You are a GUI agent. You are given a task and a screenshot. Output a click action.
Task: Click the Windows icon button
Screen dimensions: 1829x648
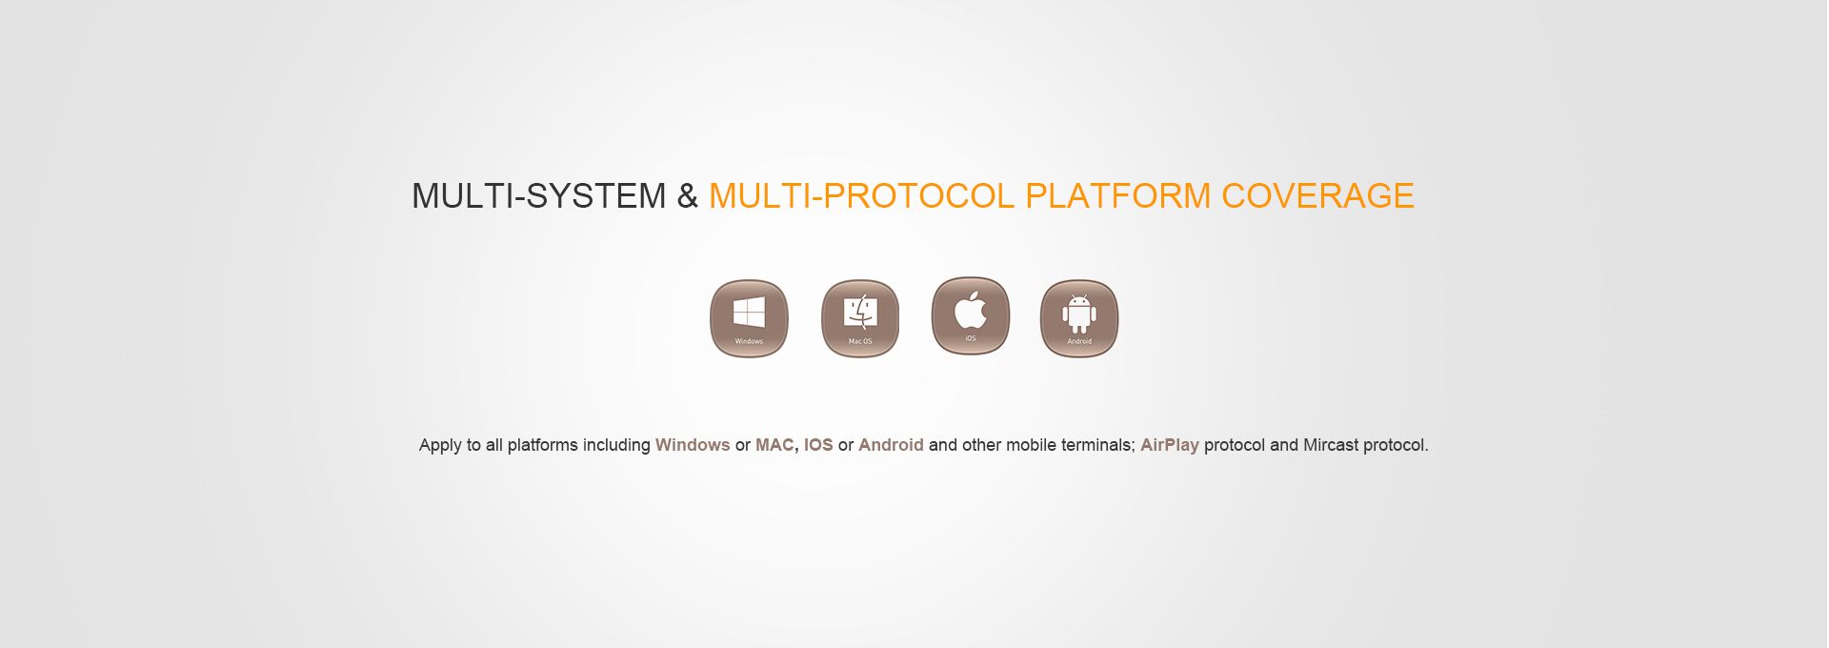click(x=749, y=318)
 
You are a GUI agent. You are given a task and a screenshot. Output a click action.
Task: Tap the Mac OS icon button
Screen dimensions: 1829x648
click(x=860, y=318)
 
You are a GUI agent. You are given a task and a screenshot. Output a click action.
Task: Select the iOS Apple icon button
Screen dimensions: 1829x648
click(x=971, y=315)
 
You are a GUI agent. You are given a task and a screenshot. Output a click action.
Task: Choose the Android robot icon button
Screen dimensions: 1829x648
click(x=1079, y=318)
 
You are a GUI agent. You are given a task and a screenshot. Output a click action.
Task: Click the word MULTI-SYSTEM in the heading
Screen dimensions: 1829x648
click(x=539, y=196)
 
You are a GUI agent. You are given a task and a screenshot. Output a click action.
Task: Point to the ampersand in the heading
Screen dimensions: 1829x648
click(x=687, y=196)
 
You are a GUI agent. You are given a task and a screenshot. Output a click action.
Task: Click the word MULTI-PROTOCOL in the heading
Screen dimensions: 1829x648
click(x=862, y=196)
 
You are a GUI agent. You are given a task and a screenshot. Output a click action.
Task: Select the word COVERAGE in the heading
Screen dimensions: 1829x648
click(x=1318, y=196)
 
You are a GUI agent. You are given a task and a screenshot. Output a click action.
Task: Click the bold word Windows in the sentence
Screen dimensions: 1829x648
click(x=693, y=445)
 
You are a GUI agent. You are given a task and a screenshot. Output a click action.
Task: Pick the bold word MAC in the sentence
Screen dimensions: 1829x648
click(x=774, y=445)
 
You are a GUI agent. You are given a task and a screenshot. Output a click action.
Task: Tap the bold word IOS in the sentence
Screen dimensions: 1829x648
click(x=818, y=445)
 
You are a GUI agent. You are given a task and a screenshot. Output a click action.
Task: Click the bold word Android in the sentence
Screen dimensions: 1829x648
click(x=891, y=445)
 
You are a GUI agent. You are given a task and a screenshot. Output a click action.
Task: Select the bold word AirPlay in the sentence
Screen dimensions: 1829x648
click(x=1170, y=446)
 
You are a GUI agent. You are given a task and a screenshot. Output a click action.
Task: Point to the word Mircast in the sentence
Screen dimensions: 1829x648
click(x=1331, y=445)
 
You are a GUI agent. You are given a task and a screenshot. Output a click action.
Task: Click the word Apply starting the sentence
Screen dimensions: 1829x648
click(x=440, y=446)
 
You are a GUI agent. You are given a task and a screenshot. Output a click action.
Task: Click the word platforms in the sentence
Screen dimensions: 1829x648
click(x=542, y=446)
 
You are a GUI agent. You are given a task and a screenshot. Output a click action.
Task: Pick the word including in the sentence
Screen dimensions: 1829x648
click(x=616, y=446)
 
